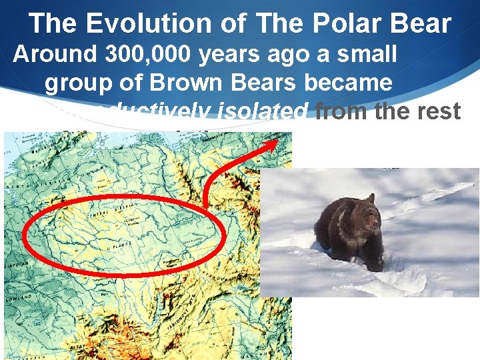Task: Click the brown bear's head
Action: pyautogui.click(x=365, y=218)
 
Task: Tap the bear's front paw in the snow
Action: pyautogui.click(x=375, y=265)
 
